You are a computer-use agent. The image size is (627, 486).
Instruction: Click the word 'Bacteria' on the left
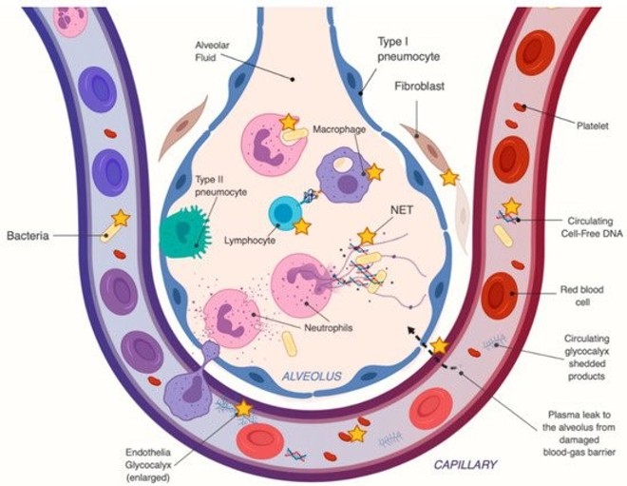coord(28,234)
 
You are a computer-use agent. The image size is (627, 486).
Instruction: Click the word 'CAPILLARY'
coord(466,465)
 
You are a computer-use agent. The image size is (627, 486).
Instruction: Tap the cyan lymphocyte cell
coord(283,212)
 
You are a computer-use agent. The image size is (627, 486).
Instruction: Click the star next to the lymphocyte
coord(302,227)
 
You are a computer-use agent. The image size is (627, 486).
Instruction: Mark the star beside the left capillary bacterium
coord(121,219)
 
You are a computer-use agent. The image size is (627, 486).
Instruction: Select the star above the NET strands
coord(367,235)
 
